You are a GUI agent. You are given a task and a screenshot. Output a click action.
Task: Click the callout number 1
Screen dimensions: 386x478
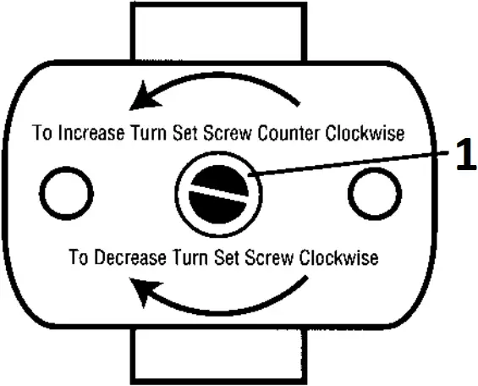(463, 157)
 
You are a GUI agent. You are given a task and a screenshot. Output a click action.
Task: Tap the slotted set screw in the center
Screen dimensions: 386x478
(219, 195)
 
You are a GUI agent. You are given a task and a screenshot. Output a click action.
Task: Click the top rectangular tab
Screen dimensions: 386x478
(218, 30)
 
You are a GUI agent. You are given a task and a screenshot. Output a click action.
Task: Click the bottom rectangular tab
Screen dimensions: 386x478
(218, 356)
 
